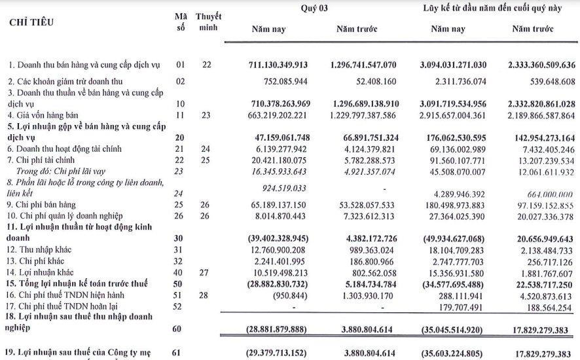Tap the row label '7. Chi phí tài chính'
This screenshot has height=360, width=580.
[42, 160]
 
